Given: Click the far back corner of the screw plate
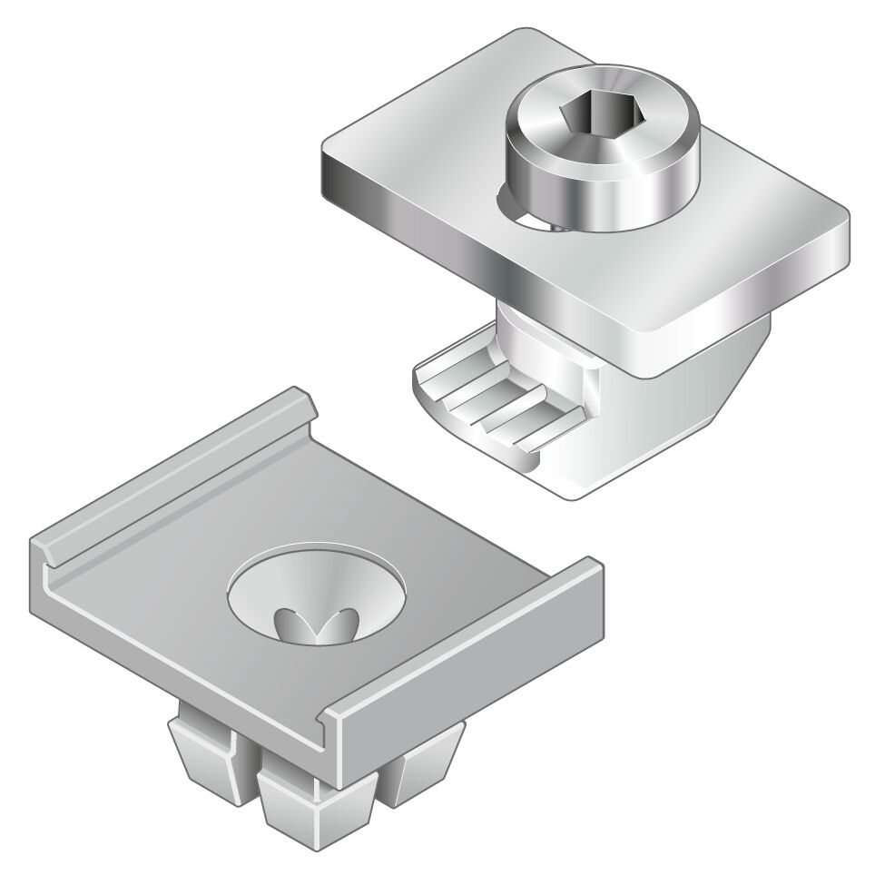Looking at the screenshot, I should pos(526,36).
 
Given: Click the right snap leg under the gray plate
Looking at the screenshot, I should pos(427,762).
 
